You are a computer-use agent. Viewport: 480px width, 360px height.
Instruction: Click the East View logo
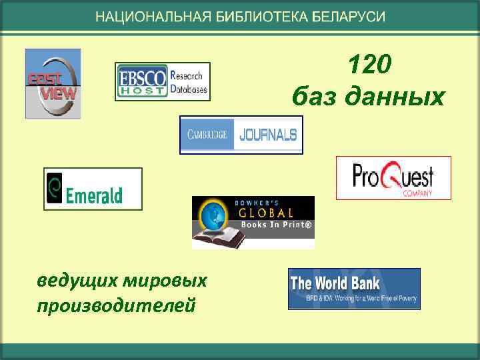(x=53, y=84)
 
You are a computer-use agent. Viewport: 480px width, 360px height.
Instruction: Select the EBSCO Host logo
(x=163, y=82)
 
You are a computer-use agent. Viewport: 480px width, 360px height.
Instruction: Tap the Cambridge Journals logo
(x=241, y=135)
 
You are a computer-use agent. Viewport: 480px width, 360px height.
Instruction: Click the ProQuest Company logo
(x=393, y=178)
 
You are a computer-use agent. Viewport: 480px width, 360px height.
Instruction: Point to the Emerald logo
(x=93, y=189)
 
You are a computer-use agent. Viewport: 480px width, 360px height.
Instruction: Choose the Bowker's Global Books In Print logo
(x=253, y=222)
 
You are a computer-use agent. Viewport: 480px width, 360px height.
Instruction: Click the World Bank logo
(x=354, y=289)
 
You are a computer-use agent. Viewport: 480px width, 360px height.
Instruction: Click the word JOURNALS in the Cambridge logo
(x=267, y=135)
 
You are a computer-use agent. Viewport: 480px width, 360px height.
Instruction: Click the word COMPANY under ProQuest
(x=418, y=193)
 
